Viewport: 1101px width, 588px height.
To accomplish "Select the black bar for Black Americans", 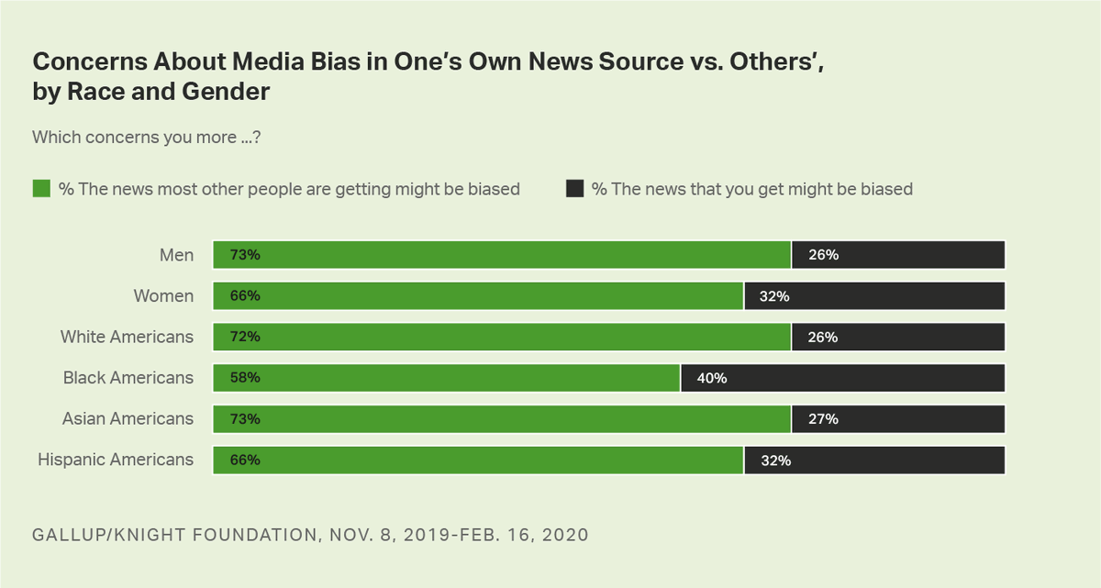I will click(842, 378).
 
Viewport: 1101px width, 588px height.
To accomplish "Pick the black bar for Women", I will click(874, 296).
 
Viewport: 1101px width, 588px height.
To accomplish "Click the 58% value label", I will click(245, 378).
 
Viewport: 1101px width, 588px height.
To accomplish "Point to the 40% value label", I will click(712, 378).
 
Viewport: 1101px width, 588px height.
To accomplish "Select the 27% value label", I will click(823, 419).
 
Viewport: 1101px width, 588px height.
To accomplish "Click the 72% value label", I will click(245, 338).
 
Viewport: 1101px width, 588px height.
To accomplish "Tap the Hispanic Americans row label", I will click(116, 460).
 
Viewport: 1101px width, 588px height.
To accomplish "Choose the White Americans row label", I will click(127, 337).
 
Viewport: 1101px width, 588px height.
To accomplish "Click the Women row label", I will click(164, 296).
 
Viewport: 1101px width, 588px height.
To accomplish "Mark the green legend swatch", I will click(41, 189).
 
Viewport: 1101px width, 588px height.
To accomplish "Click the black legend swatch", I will click(575, 189).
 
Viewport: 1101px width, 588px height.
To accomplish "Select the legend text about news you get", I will click(751, 189).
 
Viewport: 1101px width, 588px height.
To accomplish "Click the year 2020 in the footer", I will click(562, 535).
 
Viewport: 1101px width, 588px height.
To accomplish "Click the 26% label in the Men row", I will click(823, 255).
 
